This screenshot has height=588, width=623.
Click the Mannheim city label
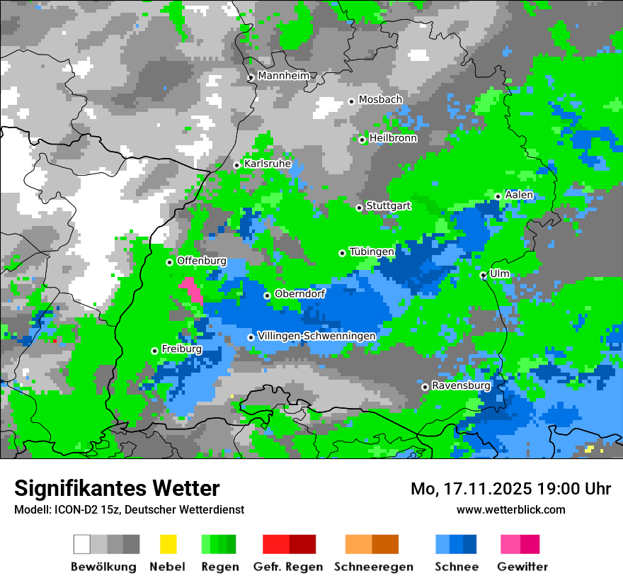pos(284,76)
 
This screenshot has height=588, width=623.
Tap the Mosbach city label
pos(380,100)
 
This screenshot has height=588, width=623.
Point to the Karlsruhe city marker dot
pos(237,165)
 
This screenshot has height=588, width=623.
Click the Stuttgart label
pos(389,206)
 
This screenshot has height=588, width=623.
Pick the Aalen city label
pos(519,195)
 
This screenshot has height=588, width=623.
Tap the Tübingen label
pos(372,251)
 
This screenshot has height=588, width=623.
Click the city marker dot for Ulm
pos(483,275)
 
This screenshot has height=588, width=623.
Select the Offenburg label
pos(202,261)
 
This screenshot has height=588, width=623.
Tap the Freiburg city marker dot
pos(154,351)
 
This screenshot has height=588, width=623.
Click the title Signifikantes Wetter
pos(117,488)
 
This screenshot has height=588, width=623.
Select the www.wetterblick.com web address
pos(511,509)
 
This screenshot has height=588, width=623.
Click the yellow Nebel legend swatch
pos(168,544)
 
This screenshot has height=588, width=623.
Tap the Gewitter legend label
pos(522,567)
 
